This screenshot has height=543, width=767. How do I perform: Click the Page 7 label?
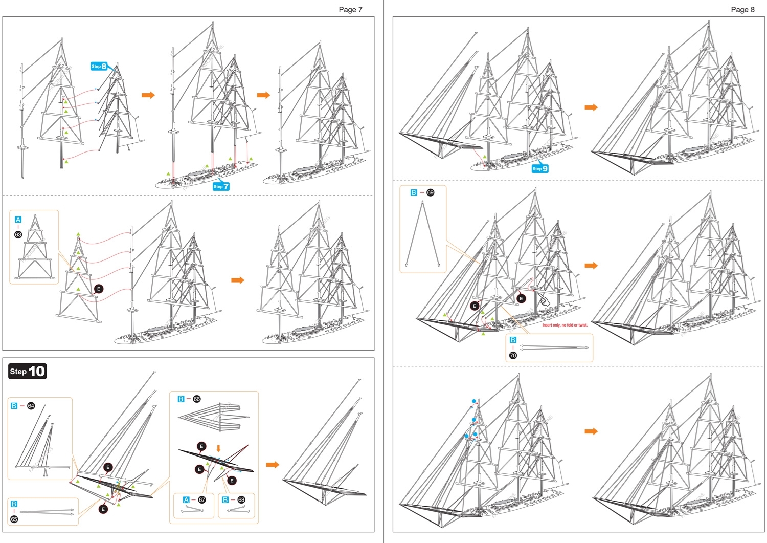tap(350, 9)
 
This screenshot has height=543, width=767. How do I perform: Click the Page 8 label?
tap(742, 9)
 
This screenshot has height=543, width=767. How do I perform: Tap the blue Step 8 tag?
tap(99, 66)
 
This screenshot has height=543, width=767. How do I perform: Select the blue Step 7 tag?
tap(221, 186)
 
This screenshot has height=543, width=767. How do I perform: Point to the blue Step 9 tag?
tap(540, 168)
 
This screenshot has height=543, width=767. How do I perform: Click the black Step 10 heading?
tap(28, 371)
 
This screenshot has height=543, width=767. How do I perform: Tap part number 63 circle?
tap(18, 234)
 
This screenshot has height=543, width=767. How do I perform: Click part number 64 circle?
tap(31, 406)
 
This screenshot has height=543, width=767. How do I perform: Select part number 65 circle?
tap(14, 519)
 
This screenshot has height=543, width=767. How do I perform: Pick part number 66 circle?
tap(197, 399)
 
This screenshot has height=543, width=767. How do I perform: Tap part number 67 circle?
tap(202, 499)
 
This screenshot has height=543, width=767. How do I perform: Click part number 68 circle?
tap(241, 499)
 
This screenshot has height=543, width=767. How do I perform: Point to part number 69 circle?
tap(431, 192)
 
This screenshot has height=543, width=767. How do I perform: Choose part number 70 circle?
tap(513, 355)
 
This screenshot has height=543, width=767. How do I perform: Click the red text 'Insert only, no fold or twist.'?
tap(565, 325)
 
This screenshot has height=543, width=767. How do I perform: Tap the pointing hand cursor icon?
tap(543, 300)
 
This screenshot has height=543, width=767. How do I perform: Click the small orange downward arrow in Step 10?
tap(218, 448)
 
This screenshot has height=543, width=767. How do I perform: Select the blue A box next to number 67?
tap(186, 499)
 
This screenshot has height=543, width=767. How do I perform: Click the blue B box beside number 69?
tap(414, 192)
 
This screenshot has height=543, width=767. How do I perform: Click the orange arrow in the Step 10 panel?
tap(273, 464)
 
